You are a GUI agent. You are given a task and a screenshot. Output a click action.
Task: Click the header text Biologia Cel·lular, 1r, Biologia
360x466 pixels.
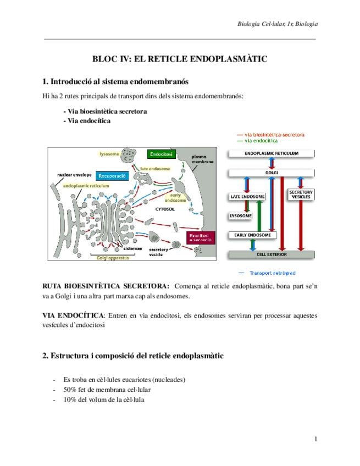277,24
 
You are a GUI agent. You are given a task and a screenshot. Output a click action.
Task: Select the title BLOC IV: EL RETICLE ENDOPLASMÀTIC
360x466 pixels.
180,59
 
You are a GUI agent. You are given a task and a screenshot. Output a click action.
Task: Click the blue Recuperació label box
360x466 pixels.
112,176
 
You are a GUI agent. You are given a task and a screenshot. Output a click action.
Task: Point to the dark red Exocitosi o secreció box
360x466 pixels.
200,237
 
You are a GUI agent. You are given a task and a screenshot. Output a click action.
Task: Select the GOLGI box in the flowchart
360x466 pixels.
272,173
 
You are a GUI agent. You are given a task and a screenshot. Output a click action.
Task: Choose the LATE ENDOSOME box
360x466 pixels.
246,196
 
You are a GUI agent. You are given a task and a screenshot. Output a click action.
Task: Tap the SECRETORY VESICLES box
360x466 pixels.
301,195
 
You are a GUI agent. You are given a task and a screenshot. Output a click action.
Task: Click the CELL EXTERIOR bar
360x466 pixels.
272,255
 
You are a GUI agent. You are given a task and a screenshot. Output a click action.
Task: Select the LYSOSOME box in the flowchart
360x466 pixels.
240,216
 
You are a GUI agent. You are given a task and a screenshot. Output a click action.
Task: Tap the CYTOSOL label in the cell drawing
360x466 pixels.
165,209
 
